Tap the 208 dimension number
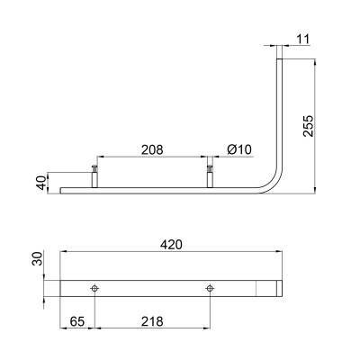(x=152, y=149)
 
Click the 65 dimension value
(x=77, y=319)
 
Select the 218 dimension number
(x=152, y=319)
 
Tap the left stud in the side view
(x=94, y=175)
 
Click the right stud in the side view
(x=210, y=175)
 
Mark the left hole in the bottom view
(x=94, y=288)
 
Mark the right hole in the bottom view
(x=210, y=288)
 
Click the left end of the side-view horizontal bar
(x=63, y=190)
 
